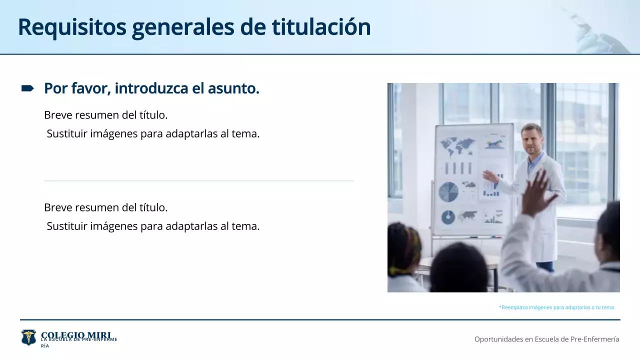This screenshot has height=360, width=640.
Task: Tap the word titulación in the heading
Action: (321, 27)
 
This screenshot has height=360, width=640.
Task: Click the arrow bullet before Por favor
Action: (27, 88)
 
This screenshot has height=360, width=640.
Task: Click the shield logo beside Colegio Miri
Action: (28, 337)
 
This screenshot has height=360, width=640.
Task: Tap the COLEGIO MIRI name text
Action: (76, 334)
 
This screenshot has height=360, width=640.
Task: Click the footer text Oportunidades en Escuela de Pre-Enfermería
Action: (546, 339)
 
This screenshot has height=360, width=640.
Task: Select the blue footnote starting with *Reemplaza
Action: (556, 307)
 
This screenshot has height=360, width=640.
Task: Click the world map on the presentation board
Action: (457, 146)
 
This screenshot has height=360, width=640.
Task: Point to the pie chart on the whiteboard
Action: (448, 192)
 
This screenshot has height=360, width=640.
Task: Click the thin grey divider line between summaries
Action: (199, 180)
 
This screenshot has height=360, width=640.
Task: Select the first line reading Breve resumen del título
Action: (106, 115)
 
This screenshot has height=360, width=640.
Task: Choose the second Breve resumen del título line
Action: (106, 207)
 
